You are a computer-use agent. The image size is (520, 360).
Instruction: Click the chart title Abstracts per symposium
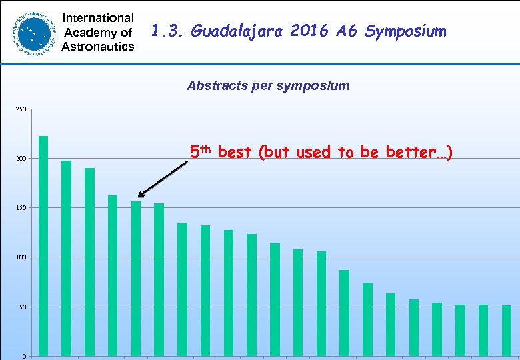pyautogui.click(x=268, y=85)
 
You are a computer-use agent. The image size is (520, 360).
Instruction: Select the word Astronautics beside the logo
pyautogui.click(x=98, y=47)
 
